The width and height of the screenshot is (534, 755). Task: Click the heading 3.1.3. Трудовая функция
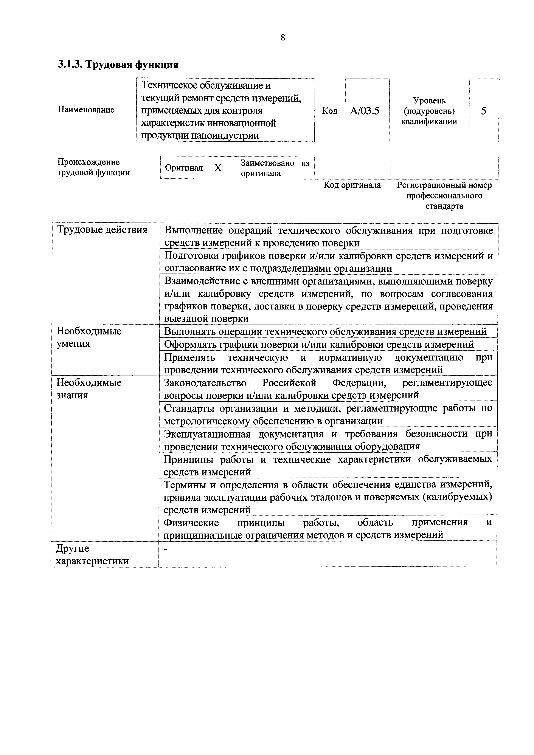click(118, 64)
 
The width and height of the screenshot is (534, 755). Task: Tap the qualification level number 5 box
click(483, 111)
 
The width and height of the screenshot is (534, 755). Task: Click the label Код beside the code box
click(330, 111)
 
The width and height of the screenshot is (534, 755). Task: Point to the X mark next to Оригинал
click(218, 168)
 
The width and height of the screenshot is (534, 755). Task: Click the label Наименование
click(86, 110)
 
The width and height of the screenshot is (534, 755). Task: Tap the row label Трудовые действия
click(102, 229)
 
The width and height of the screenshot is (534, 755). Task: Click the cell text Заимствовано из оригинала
click(275, 168)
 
